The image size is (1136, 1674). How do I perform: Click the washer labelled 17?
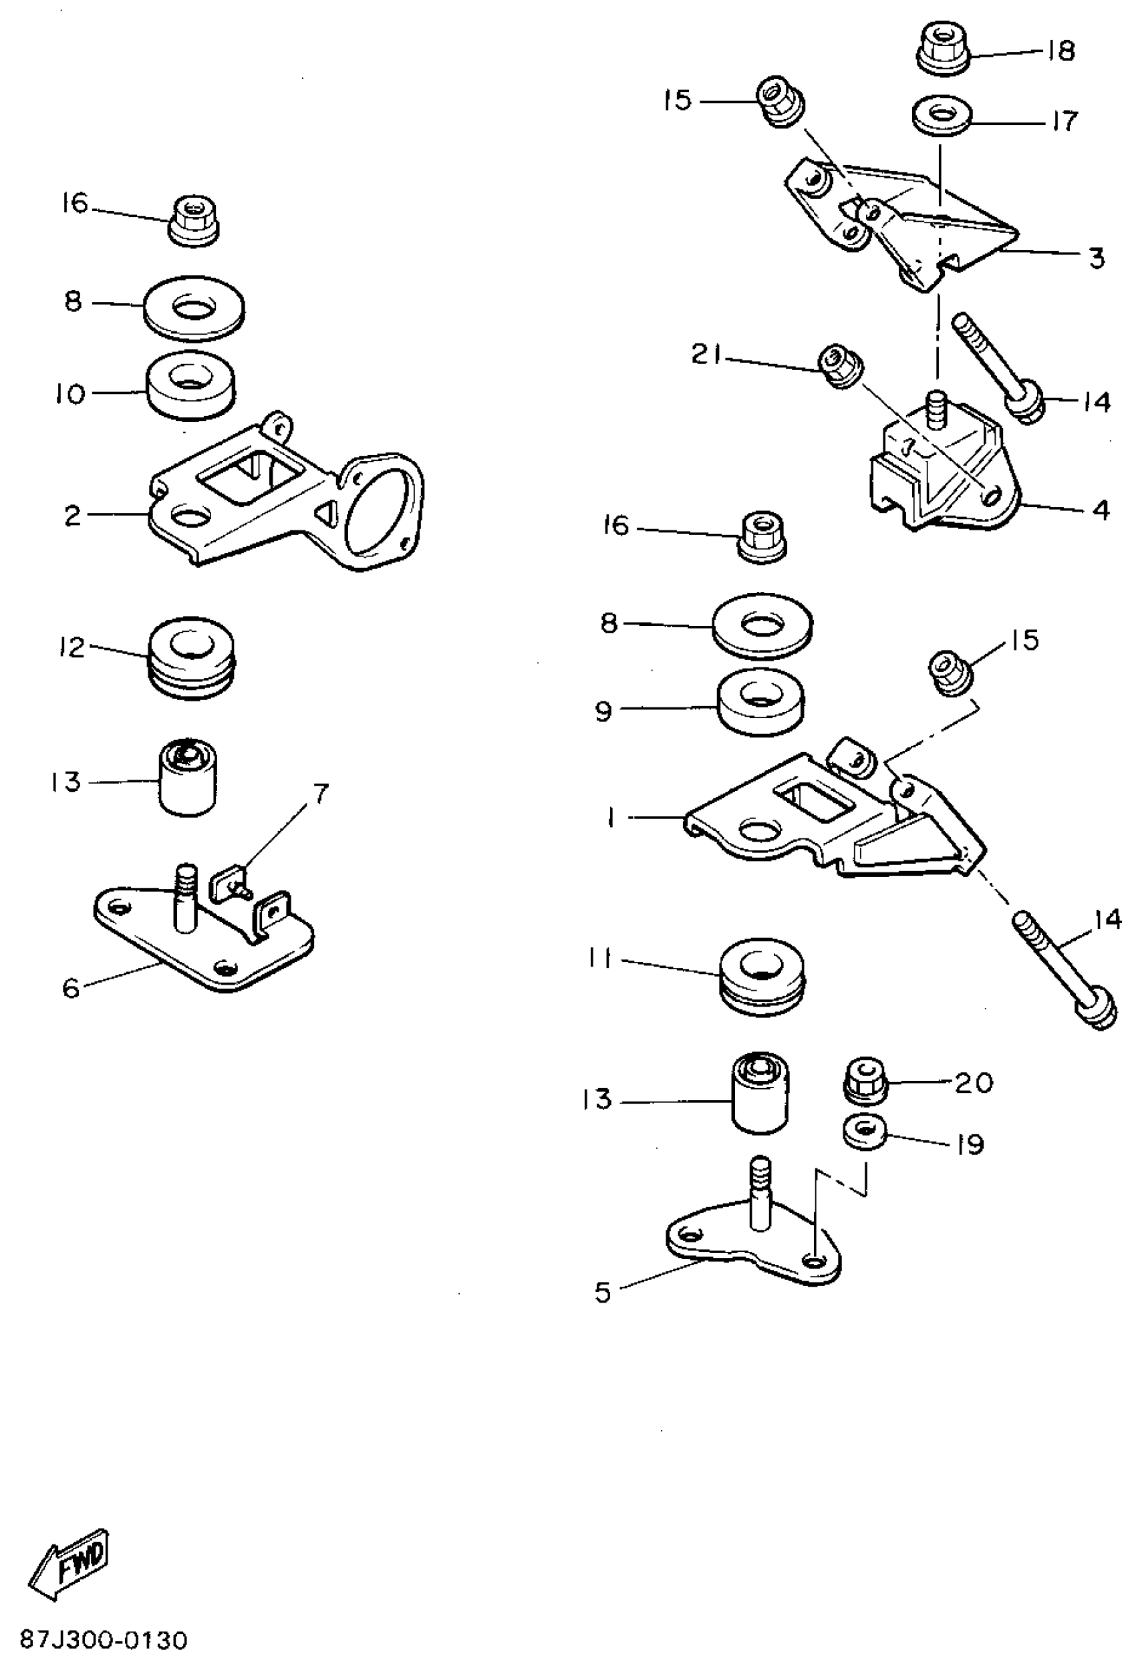[x=940, y=117]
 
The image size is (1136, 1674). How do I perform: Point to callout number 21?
[x=705, y=355]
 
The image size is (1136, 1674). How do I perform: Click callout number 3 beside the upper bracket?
[x=1097, y=257]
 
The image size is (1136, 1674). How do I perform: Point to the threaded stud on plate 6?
[x=185, y=898]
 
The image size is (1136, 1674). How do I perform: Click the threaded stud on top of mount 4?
[x=936, y=410]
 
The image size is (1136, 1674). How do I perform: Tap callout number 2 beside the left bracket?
[x=72, y=516]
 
